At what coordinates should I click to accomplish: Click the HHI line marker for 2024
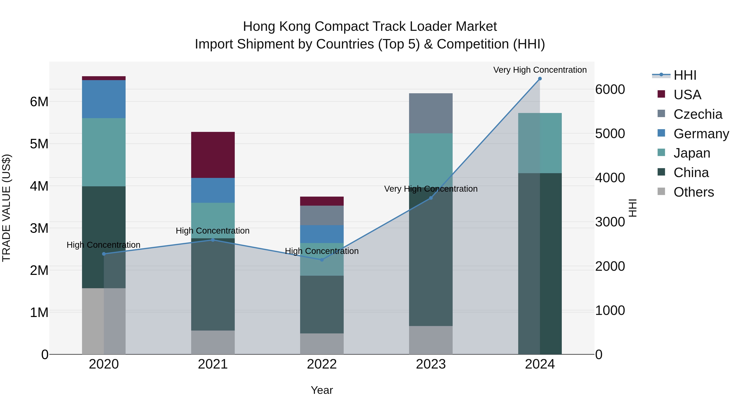click(x=540, y=79)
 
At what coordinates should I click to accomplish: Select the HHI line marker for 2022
click(x=322, y=260)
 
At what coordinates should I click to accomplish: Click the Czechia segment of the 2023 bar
click(x=431, y=113)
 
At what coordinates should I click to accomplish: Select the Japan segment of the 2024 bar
click(x=540, y=143)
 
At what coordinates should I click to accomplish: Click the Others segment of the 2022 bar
click(x=322, y=344)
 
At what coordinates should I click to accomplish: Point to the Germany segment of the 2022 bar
click(x=322, y=234)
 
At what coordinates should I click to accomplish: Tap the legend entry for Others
click(x=694, y=192)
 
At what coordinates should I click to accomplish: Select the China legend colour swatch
click(x=661, y=172)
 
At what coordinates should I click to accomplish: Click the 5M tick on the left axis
click(x=39, y=144)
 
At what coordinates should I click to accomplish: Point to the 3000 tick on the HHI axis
click(x=610, y=222)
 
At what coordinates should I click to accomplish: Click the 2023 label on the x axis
click(x=431, y=364)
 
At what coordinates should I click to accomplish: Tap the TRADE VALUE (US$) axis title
click(x=6, y=208)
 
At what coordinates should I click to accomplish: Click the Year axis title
click(x=322, y=390)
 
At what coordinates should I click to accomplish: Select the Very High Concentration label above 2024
click(x=540, y=70)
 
